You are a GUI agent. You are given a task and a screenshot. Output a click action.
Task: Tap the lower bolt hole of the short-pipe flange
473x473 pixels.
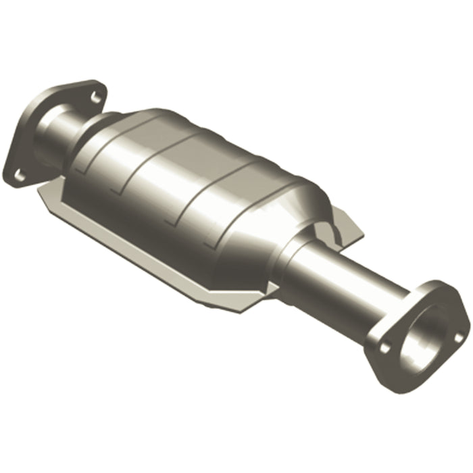(x=20, y=175)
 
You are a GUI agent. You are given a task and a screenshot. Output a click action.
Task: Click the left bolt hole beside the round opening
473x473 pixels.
(x=385, y=348)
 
